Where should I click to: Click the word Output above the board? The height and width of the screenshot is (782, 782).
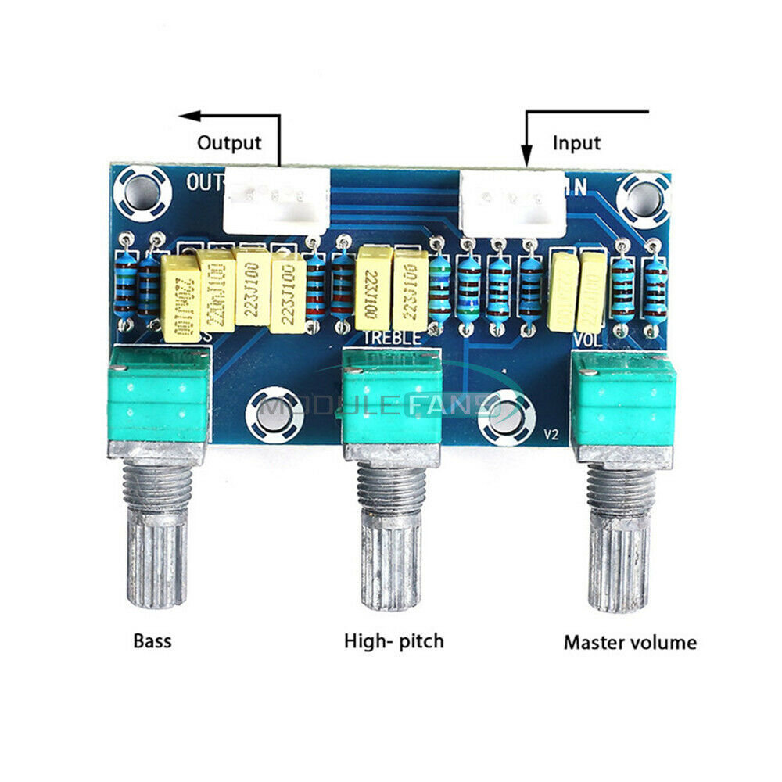click(229, 143)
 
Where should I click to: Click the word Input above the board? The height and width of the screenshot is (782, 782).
click(576, 143)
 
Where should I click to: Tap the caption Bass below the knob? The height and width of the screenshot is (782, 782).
click(152, 642)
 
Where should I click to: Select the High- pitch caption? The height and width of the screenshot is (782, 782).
click(394, 642)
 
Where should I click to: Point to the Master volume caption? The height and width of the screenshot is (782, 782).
click(630, 643)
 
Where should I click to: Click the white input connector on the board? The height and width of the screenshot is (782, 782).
click(513, 203)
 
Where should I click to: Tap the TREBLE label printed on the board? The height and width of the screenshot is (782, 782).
click(393, 338)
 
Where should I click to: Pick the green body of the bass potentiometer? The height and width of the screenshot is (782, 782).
click(159, 394)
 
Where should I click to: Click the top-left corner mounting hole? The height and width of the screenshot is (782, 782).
click(141, 190)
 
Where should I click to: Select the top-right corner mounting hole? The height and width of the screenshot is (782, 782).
click(643, 197)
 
